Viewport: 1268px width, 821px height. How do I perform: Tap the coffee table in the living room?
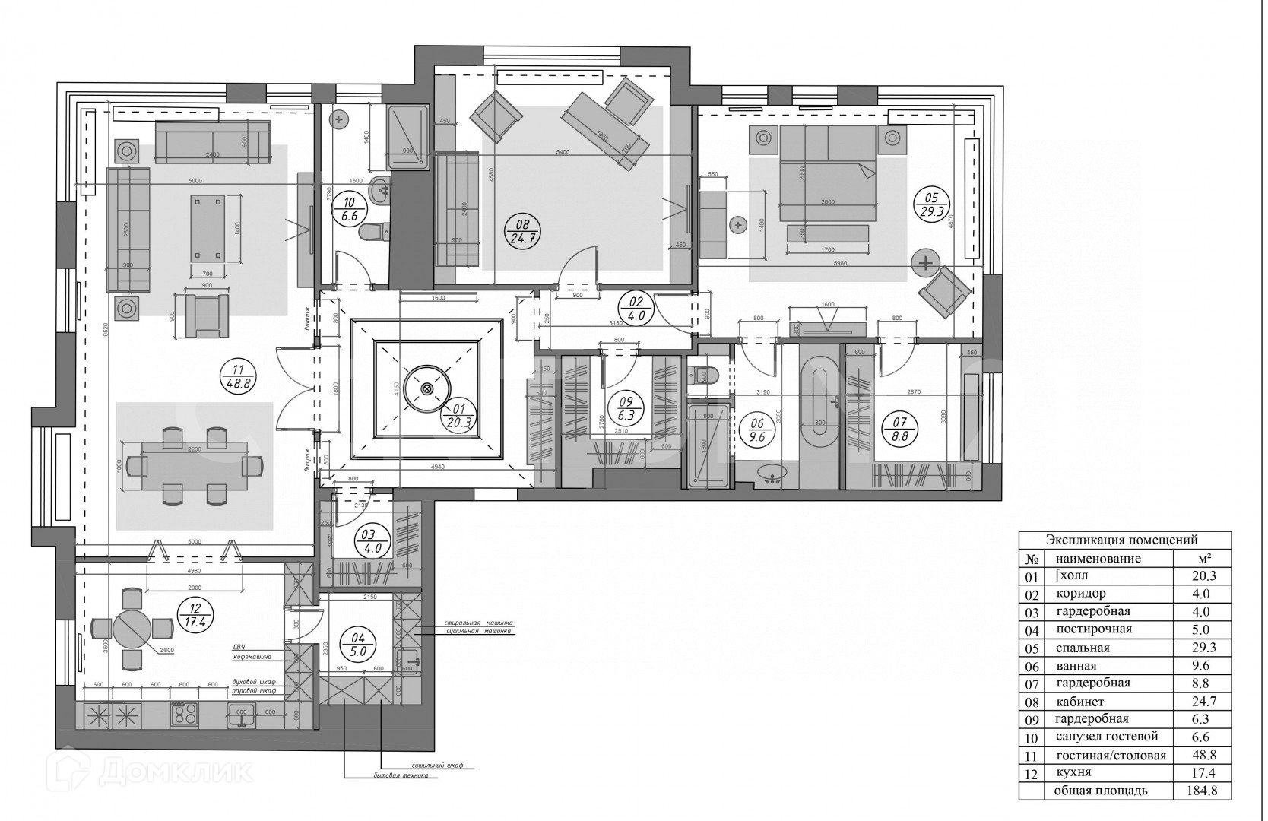[x=208, y=227]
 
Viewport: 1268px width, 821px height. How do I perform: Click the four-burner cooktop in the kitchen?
[x=185, y=714]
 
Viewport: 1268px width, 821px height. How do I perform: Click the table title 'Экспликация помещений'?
[x=1122, y=540]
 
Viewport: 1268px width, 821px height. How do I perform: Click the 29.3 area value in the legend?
[x=1200, y=648]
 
